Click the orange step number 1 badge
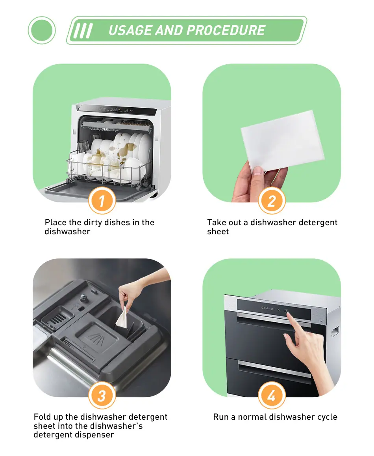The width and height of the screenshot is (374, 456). coord(102,201)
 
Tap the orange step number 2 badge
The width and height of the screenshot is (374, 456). coord(272,201)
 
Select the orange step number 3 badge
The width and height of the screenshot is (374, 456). coord(102,396)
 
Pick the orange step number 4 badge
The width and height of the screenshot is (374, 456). coord(272,396)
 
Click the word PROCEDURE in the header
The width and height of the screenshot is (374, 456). coord(226,30)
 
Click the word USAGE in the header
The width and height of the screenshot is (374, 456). coord(130,30)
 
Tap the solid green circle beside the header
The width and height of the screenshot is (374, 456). coord(42,30)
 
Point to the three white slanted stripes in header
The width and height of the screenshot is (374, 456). coord(83,31)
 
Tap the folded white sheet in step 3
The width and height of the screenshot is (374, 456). coord(122,317)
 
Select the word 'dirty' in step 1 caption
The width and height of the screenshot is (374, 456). coord(93,222)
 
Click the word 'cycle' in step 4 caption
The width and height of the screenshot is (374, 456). coord(327,417)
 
